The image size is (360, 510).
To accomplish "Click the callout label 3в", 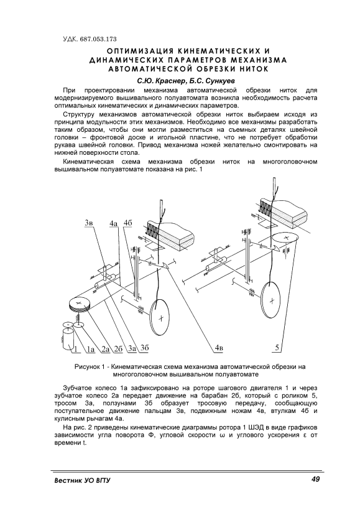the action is pos(89,223).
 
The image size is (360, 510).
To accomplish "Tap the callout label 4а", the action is pos(113,223).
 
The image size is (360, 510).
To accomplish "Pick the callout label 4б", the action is pos(128,223).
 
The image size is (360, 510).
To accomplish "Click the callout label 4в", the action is pos(219,348).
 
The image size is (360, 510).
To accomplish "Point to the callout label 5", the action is pos(277,348).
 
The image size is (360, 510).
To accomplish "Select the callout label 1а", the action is pos(90,350).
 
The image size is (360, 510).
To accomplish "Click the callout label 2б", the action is pos(118,349).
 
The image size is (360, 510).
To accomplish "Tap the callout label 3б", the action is pos(144,348).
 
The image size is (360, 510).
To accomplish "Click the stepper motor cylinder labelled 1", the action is pos(68,339).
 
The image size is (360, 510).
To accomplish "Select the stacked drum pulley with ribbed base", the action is pos(79,305).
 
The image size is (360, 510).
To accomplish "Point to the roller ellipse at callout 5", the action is pos(285,238).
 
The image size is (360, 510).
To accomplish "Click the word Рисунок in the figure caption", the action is pos(86,367).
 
